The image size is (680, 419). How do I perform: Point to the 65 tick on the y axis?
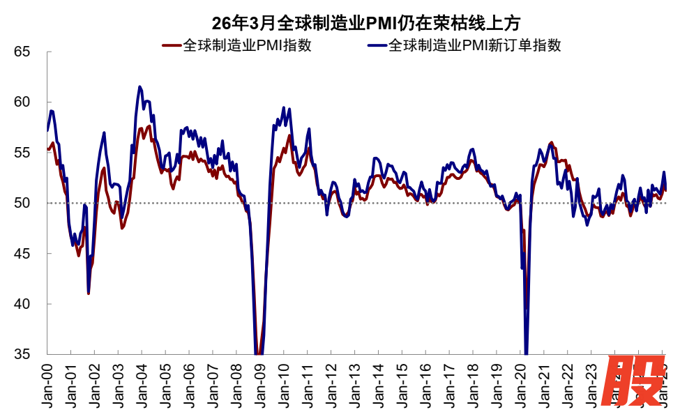[x=23, y=52]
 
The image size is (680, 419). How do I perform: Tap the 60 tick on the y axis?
[x=23, y=102]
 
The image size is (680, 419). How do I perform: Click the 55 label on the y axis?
[x=23, y=153]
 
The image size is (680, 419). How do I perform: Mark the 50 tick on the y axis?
[x=23, y=203]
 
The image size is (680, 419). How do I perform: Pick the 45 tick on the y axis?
[x=23, y=254]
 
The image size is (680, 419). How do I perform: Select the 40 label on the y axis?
[x=23, y=304]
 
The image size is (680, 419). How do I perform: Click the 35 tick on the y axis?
[x=23, y=354]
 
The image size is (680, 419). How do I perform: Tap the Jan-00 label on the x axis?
[x=47, y=383]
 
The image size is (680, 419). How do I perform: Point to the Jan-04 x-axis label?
[x=142, y=383]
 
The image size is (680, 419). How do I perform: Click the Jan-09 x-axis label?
[x=259, y=383]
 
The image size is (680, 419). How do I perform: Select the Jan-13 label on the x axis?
[x=354, y=383]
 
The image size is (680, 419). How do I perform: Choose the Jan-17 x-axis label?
[x=448, y=383]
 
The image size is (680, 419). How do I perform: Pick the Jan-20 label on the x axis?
[x=520, y=383]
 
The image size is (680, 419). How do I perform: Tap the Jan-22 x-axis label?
[x=566, y=383]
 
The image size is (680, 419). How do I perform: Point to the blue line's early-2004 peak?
[x=140, y=86]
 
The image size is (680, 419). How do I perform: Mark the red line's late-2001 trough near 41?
[x=89, y=294]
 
